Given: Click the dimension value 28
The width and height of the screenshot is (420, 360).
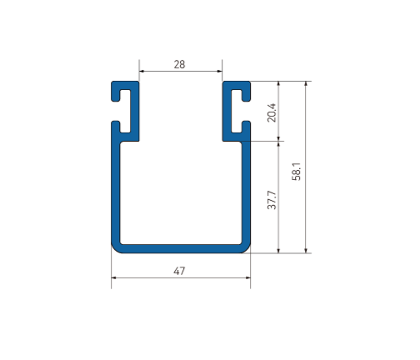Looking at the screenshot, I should (x=180, y=62).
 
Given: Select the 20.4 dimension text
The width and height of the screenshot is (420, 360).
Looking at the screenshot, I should (x=271, y=112).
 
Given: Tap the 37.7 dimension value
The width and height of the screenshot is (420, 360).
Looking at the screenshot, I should (x=271, y=199).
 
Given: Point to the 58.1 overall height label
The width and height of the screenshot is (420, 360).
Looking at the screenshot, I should (x=297, y=170).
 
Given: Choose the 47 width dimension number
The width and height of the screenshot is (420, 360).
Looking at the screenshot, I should (x=180, y=270).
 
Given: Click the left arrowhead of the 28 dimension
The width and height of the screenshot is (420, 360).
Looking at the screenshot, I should (x=142, y=71).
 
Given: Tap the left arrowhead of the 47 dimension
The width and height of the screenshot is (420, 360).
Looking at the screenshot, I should (x=114, y=278).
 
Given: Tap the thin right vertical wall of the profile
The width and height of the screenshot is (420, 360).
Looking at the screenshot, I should (x=246, y=192).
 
